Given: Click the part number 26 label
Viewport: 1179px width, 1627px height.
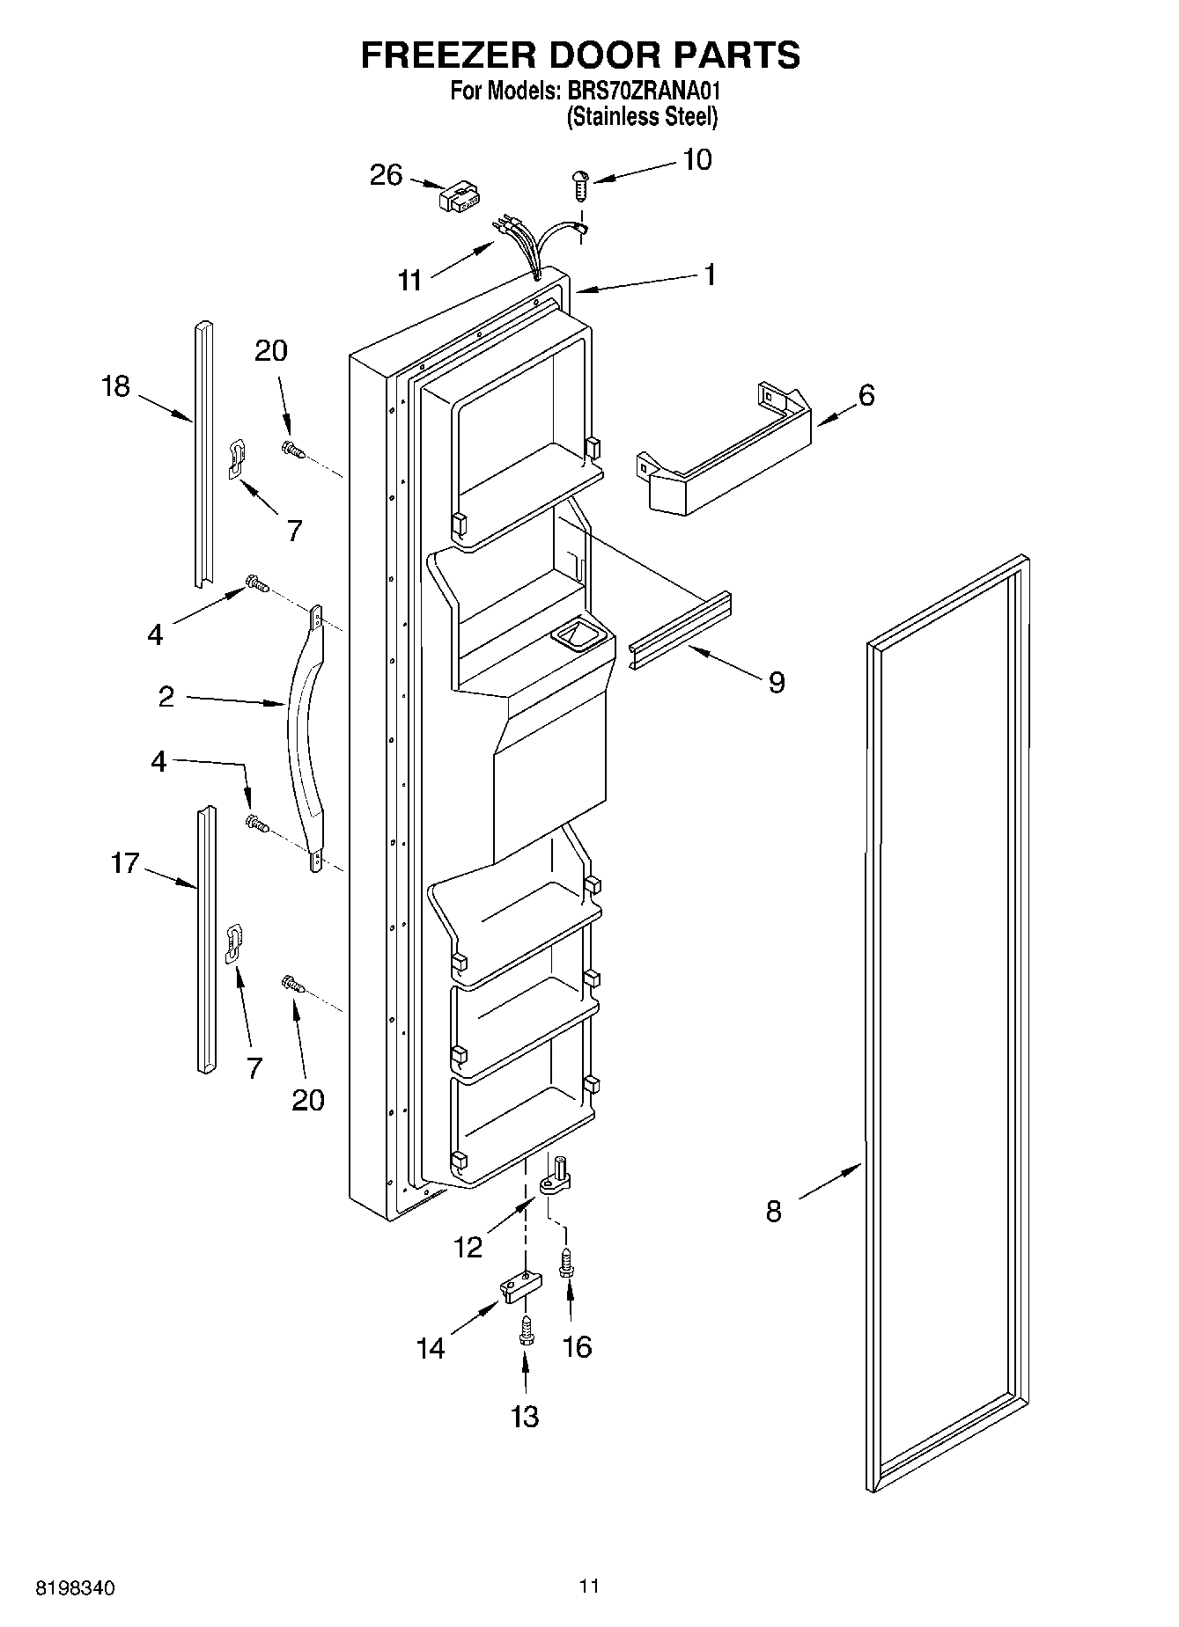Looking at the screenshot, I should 386,175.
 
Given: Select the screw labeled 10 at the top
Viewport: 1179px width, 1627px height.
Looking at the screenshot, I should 579,186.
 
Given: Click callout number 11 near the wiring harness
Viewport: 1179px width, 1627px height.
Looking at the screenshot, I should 410,281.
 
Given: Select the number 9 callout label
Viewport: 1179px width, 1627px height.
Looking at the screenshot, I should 776,682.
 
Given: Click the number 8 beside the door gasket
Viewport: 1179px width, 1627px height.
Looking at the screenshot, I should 773,1212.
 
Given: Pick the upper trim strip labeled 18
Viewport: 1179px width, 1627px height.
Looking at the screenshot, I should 203,454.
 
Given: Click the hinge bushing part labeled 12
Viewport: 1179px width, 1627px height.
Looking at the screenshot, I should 556,1180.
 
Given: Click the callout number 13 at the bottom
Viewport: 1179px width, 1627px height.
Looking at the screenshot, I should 525,1416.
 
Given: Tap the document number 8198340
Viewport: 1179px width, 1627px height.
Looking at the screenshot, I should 74,1588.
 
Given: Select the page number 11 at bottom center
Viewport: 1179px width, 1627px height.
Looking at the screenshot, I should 589,1586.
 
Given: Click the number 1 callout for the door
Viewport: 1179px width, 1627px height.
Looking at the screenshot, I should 709,275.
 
